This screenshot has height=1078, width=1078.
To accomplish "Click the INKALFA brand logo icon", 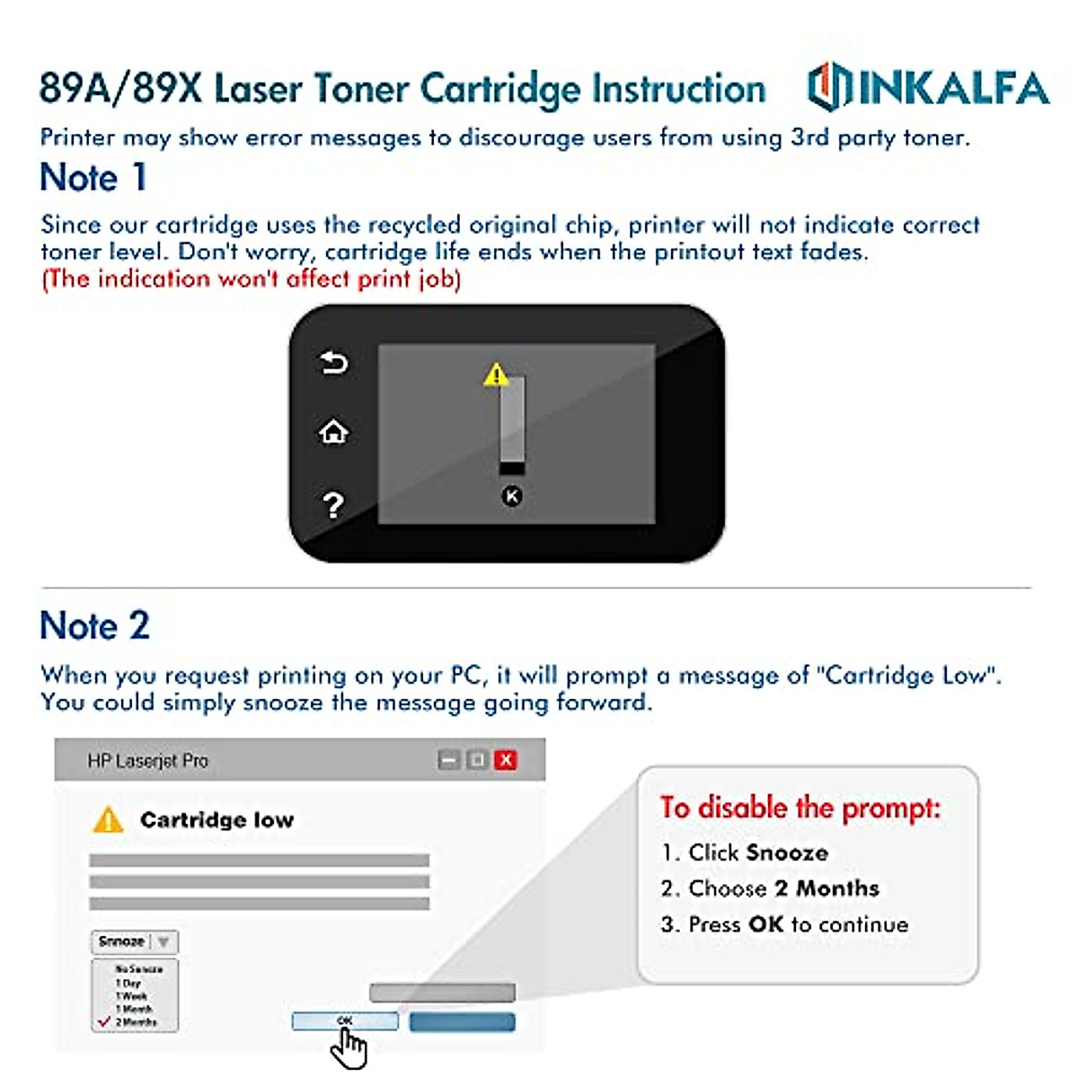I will pos(828,87).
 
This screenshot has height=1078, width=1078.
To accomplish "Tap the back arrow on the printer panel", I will pos(333,363).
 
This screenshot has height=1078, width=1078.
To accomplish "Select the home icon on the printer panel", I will pos(333,433).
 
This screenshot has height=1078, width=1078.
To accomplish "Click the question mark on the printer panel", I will pos(333,505).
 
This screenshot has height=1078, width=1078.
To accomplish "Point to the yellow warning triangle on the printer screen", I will pos(496,375).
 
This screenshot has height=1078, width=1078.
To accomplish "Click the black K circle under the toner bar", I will pos(511,496).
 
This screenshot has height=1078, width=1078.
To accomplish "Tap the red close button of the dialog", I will pos(506,760).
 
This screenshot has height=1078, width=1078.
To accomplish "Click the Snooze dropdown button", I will pos(135,941).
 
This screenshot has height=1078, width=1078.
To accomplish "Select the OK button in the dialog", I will pos(345,1021).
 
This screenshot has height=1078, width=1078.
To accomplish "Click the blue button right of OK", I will pos(462,1021).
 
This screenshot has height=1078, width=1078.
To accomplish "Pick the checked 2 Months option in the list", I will pos(136,1022).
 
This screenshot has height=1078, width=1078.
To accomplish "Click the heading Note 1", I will pos(93,177).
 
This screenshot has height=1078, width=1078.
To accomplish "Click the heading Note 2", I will pos(94,625).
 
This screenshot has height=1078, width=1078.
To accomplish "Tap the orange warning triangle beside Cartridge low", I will pos(108,820).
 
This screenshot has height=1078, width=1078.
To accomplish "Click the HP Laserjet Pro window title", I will pos(147,761).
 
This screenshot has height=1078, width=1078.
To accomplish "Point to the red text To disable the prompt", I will pos(800,807).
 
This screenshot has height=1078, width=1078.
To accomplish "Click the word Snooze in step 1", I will pos(788,853).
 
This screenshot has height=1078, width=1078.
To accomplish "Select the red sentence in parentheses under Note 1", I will pos(251,278).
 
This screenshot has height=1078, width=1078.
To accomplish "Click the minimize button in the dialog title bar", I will pos(448,760).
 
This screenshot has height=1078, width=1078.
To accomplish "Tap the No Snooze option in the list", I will pos(138,969).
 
